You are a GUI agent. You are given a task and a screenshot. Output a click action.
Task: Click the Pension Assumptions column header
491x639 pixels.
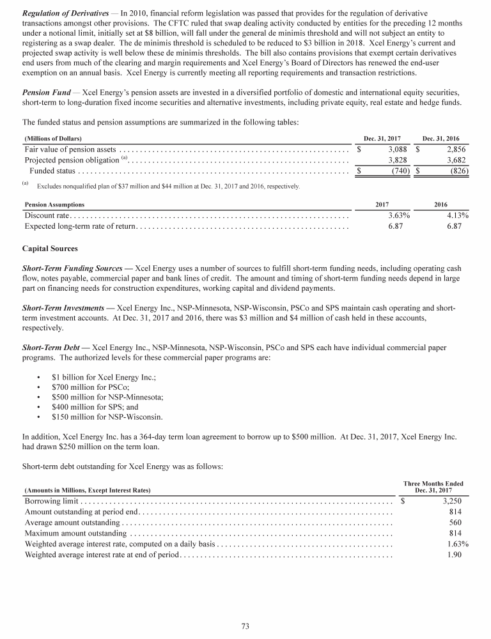54,204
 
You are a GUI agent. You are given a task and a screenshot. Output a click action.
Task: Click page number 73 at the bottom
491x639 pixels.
245,626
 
